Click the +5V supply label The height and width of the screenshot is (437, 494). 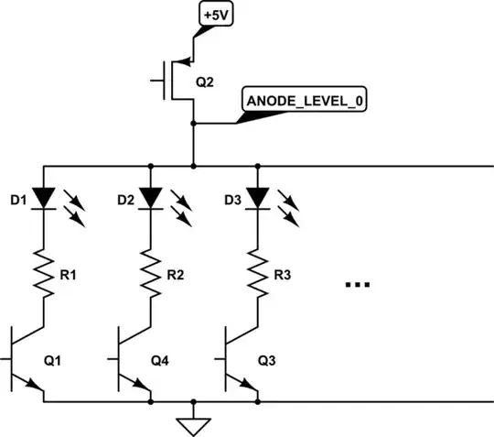[216, 16]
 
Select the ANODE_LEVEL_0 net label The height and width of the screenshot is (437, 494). [303, 100]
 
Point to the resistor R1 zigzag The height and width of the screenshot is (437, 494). [43, 273]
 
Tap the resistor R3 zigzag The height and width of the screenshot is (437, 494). [258, 273]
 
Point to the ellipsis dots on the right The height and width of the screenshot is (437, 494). [356, 286]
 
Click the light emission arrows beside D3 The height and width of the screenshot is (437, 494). [289, 209]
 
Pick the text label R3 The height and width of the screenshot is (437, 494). [285, 272]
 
